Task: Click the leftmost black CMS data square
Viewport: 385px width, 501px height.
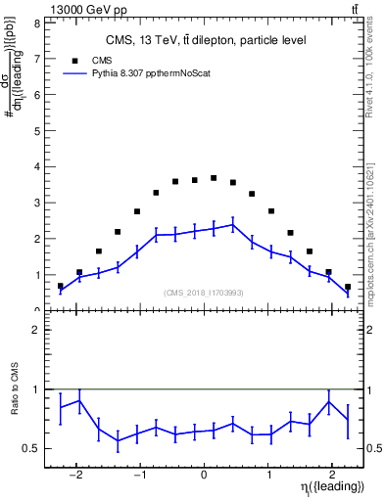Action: click(x=61, y=287)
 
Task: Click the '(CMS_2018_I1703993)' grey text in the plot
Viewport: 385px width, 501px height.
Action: click(x=204, y=293)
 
